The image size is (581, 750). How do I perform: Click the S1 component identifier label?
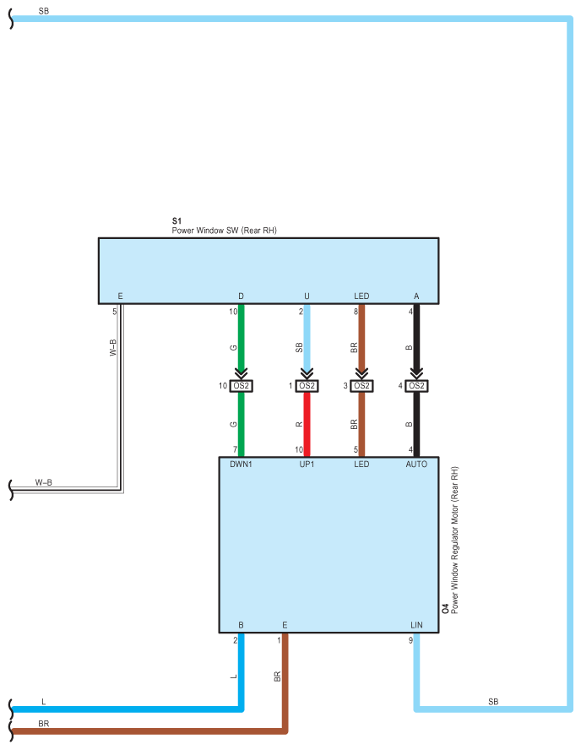pos(176,221)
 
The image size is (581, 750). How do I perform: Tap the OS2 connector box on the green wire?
pos(241,386)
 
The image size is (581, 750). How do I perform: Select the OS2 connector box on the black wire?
pos(415,386)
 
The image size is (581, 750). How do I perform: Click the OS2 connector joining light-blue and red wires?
pos(307,386)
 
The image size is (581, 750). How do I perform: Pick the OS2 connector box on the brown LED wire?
pos(361,386)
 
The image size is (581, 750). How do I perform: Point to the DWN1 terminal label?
pos(242,464)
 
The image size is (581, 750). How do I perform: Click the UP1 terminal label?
pos(307,464)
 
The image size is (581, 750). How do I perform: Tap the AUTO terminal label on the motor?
pos(416,464)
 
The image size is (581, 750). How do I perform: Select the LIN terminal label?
pos(416,625)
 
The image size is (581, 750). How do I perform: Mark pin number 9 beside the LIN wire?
pos(410,640)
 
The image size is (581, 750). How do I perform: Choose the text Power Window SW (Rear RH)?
pos(225,231)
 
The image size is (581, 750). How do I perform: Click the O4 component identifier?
pos(445,608)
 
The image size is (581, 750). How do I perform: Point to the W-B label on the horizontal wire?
pos(43,482)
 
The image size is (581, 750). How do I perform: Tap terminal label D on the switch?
pos(241,296)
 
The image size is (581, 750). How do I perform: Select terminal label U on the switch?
pos(307,296)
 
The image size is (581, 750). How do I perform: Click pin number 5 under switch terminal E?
pos(114,311)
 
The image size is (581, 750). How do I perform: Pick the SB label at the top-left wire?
pos(44,11)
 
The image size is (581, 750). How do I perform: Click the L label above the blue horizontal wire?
pos(44,702)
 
